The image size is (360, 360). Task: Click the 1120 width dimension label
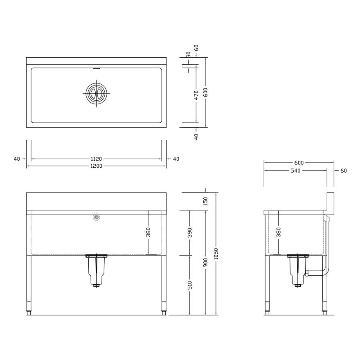pyautogui.click(x=96, y=159)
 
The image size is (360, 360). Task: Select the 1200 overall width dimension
pyautogui.click(x=96, y=166)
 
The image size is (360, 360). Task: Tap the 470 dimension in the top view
pyautogui.click(x=196, y=95)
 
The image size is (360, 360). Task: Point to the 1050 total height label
pyautogui.click(x=216, y=254)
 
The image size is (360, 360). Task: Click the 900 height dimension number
pyautogui.click(x=205, y=262)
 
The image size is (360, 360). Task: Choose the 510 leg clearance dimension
pyautogui.click(x=190, y=285)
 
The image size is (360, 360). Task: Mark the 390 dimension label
pyautogui.click(x=190, y=233)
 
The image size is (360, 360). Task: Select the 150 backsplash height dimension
pyautogui.click(x=205, y=201)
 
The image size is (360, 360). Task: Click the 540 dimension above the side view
pyautogui.click(x=295, y=171)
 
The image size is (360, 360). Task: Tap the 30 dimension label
pyautogui.click(x=189, y=54)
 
